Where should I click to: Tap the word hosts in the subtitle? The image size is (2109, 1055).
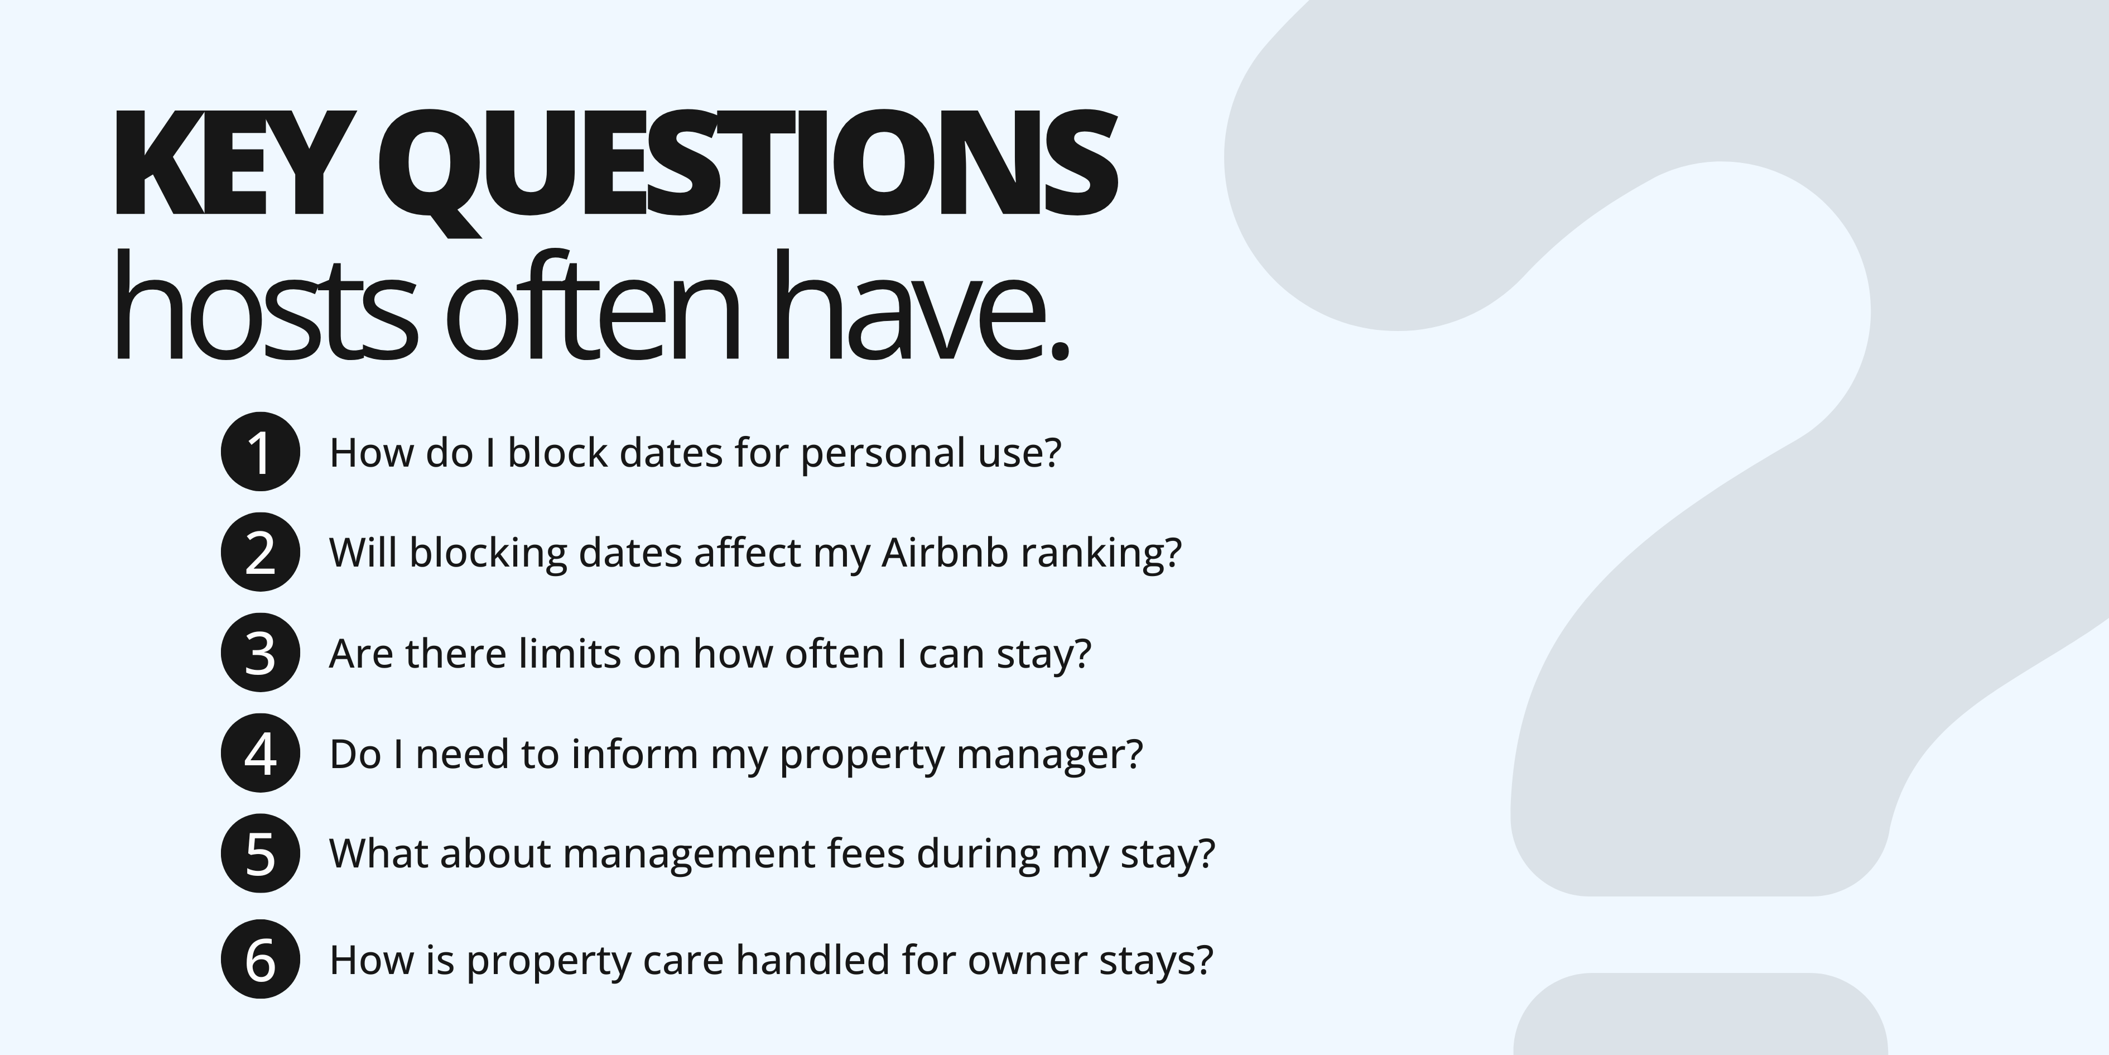point(263,311)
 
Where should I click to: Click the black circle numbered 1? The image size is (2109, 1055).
point(261,452)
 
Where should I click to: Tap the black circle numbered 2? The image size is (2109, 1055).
point(261,552)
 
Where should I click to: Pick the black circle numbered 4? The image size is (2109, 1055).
point(261,753)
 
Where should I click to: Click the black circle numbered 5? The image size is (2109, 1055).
point(261,853)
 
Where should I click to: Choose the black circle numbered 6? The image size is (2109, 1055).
point(261,959)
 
